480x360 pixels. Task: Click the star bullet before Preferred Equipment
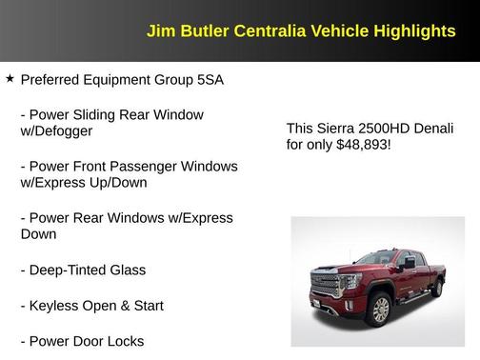click(10, 79)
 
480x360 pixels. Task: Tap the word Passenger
click(148, 166)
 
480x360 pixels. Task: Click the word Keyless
click(53, 306)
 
